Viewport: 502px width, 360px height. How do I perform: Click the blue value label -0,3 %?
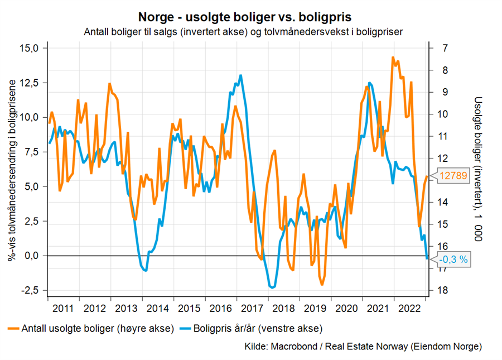coord(453,259)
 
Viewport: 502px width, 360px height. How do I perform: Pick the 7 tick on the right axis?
coord(445,48)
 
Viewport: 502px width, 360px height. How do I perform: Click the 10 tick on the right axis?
coord(445,114)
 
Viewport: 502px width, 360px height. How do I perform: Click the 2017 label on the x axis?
coord(252,308)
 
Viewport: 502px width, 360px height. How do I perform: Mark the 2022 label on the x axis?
coord(409,308)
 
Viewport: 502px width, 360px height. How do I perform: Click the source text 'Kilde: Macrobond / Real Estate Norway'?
coord(363,347)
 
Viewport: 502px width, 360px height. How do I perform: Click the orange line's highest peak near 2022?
coord(393,57)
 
